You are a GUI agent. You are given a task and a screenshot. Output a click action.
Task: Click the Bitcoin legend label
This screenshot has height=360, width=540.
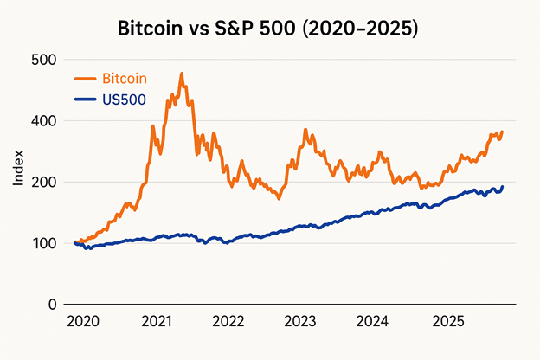point(125,80)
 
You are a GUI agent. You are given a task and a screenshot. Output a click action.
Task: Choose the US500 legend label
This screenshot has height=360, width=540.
point(124,100)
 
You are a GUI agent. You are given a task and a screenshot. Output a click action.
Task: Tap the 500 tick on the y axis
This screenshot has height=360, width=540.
point(44,60)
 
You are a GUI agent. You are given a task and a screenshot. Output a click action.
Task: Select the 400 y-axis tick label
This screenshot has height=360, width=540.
point(44,121)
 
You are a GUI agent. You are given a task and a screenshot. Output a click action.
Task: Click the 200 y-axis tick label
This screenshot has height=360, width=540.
point(44,183)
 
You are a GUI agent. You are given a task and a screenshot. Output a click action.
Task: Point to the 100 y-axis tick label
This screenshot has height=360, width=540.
point(44,243)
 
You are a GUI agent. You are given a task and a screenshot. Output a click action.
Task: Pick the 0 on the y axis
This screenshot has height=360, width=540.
point(53,305)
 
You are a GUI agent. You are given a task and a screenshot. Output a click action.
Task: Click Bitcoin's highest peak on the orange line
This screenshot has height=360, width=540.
point(182,74)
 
